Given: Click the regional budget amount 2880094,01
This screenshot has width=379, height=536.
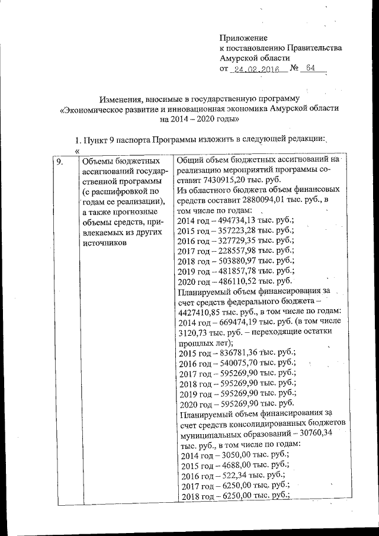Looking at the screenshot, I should pyautogui.click(x=271, y=201).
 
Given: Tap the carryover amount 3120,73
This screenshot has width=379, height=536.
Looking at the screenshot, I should pyautogui.click(x=193, y=332).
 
